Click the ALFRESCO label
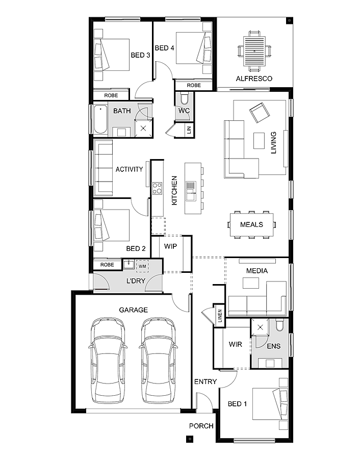point(254,79)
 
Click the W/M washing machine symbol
point(142,265)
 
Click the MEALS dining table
point(251,224)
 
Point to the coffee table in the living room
point(260,140)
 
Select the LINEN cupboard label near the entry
point(220,316)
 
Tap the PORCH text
point(201,426)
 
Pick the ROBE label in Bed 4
point(194,85)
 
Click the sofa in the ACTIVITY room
point(104,169)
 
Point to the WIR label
point(235,345)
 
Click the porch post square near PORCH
point(190,438)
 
